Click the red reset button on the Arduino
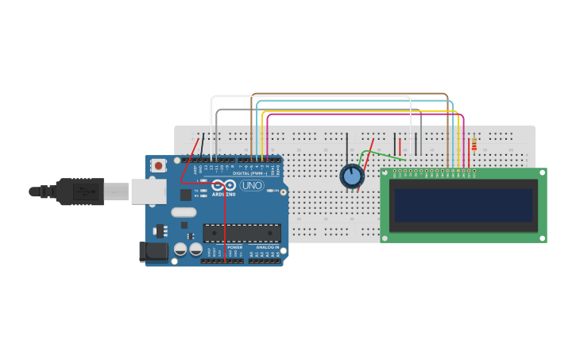coord(158,165)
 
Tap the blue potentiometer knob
coord(351,176)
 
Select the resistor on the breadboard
coord(474,145)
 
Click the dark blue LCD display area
coord(463,204)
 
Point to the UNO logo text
coord(251,185)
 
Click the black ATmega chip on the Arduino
coord(242,233)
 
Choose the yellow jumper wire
coord(358,110)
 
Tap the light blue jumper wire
coord(354,101)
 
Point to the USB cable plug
coord(80,192)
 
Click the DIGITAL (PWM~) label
coord(249,172)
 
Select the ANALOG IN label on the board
coord(267,247)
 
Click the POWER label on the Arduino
coord(235,247)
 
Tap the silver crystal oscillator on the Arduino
coord(183,212)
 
